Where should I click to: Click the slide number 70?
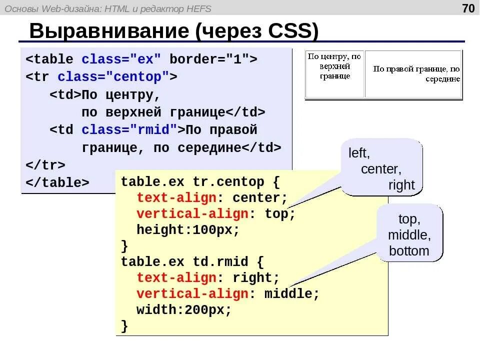468,8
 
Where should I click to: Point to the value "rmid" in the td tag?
157,130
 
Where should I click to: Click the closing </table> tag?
57,182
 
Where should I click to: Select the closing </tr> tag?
45,165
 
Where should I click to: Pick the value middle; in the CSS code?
291,293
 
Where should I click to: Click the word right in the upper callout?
401,185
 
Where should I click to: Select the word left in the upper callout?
359,153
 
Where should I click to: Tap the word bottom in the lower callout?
409,251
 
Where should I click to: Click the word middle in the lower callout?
409,235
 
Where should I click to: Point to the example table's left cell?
335,74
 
